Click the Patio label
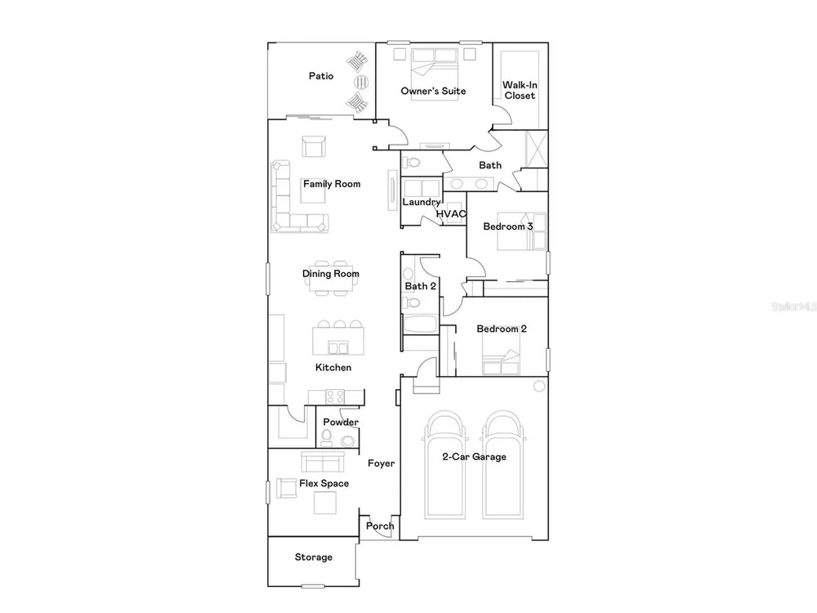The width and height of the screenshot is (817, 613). (x=321, y=76)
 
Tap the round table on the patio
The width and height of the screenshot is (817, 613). (x=362, y=82)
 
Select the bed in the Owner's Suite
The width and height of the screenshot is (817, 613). (x=434, y=73)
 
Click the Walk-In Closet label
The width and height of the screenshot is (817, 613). (x=520, y=90)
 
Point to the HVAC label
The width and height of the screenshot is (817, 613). (x=451, y=213)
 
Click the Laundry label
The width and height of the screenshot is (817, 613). (x=422, y=202)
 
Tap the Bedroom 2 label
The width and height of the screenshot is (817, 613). (x=502, y=329)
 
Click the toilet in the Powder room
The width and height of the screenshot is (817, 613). (x=327, y=438)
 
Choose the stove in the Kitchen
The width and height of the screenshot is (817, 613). (x=335, y=396)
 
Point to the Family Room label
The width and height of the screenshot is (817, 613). (x=332, y=184)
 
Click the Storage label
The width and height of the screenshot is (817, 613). (x=313, y=557)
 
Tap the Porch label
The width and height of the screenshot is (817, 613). (x=380, y=526)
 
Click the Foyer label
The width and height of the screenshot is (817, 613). (x=381, y=463)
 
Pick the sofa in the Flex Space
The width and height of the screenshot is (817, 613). (x=323, y=462)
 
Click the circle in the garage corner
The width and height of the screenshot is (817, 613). (x=539, y=387)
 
